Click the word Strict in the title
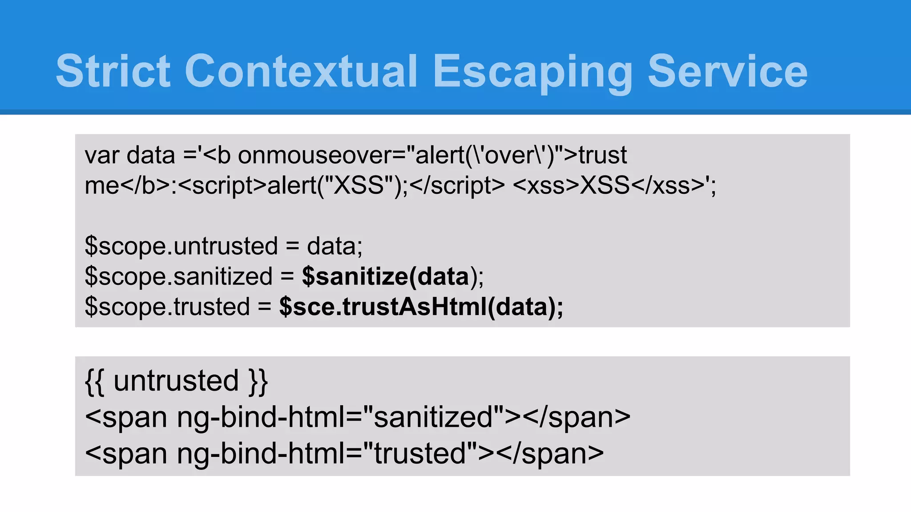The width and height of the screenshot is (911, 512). (113, 71)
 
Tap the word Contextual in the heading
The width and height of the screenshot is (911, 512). (301, 71)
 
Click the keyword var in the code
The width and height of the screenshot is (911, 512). (102, 156)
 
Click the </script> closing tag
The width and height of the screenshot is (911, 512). (457, 185)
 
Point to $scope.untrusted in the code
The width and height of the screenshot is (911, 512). (181, 246)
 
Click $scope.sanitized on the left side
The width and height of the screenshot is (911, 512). (178, 276)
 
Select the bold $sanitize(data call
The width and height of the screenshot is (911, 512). (386, 276)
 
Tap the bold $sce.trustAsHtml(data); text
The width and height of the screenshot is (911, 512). (421, 307)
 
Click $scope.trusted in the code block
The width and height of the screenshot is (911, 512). (167, 307)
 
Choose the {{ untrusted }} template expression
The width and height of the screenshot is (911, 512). (176, 381)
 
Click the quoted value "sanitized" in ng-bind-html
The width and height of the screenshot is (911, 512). (434, 417)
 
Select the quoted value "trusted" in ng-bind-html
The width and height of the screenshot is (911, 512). (420, 453)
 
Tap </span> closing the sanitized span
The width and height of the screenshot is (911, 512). (576, 417)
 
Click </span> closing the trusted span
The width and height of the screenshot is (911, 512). (550, 453)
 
